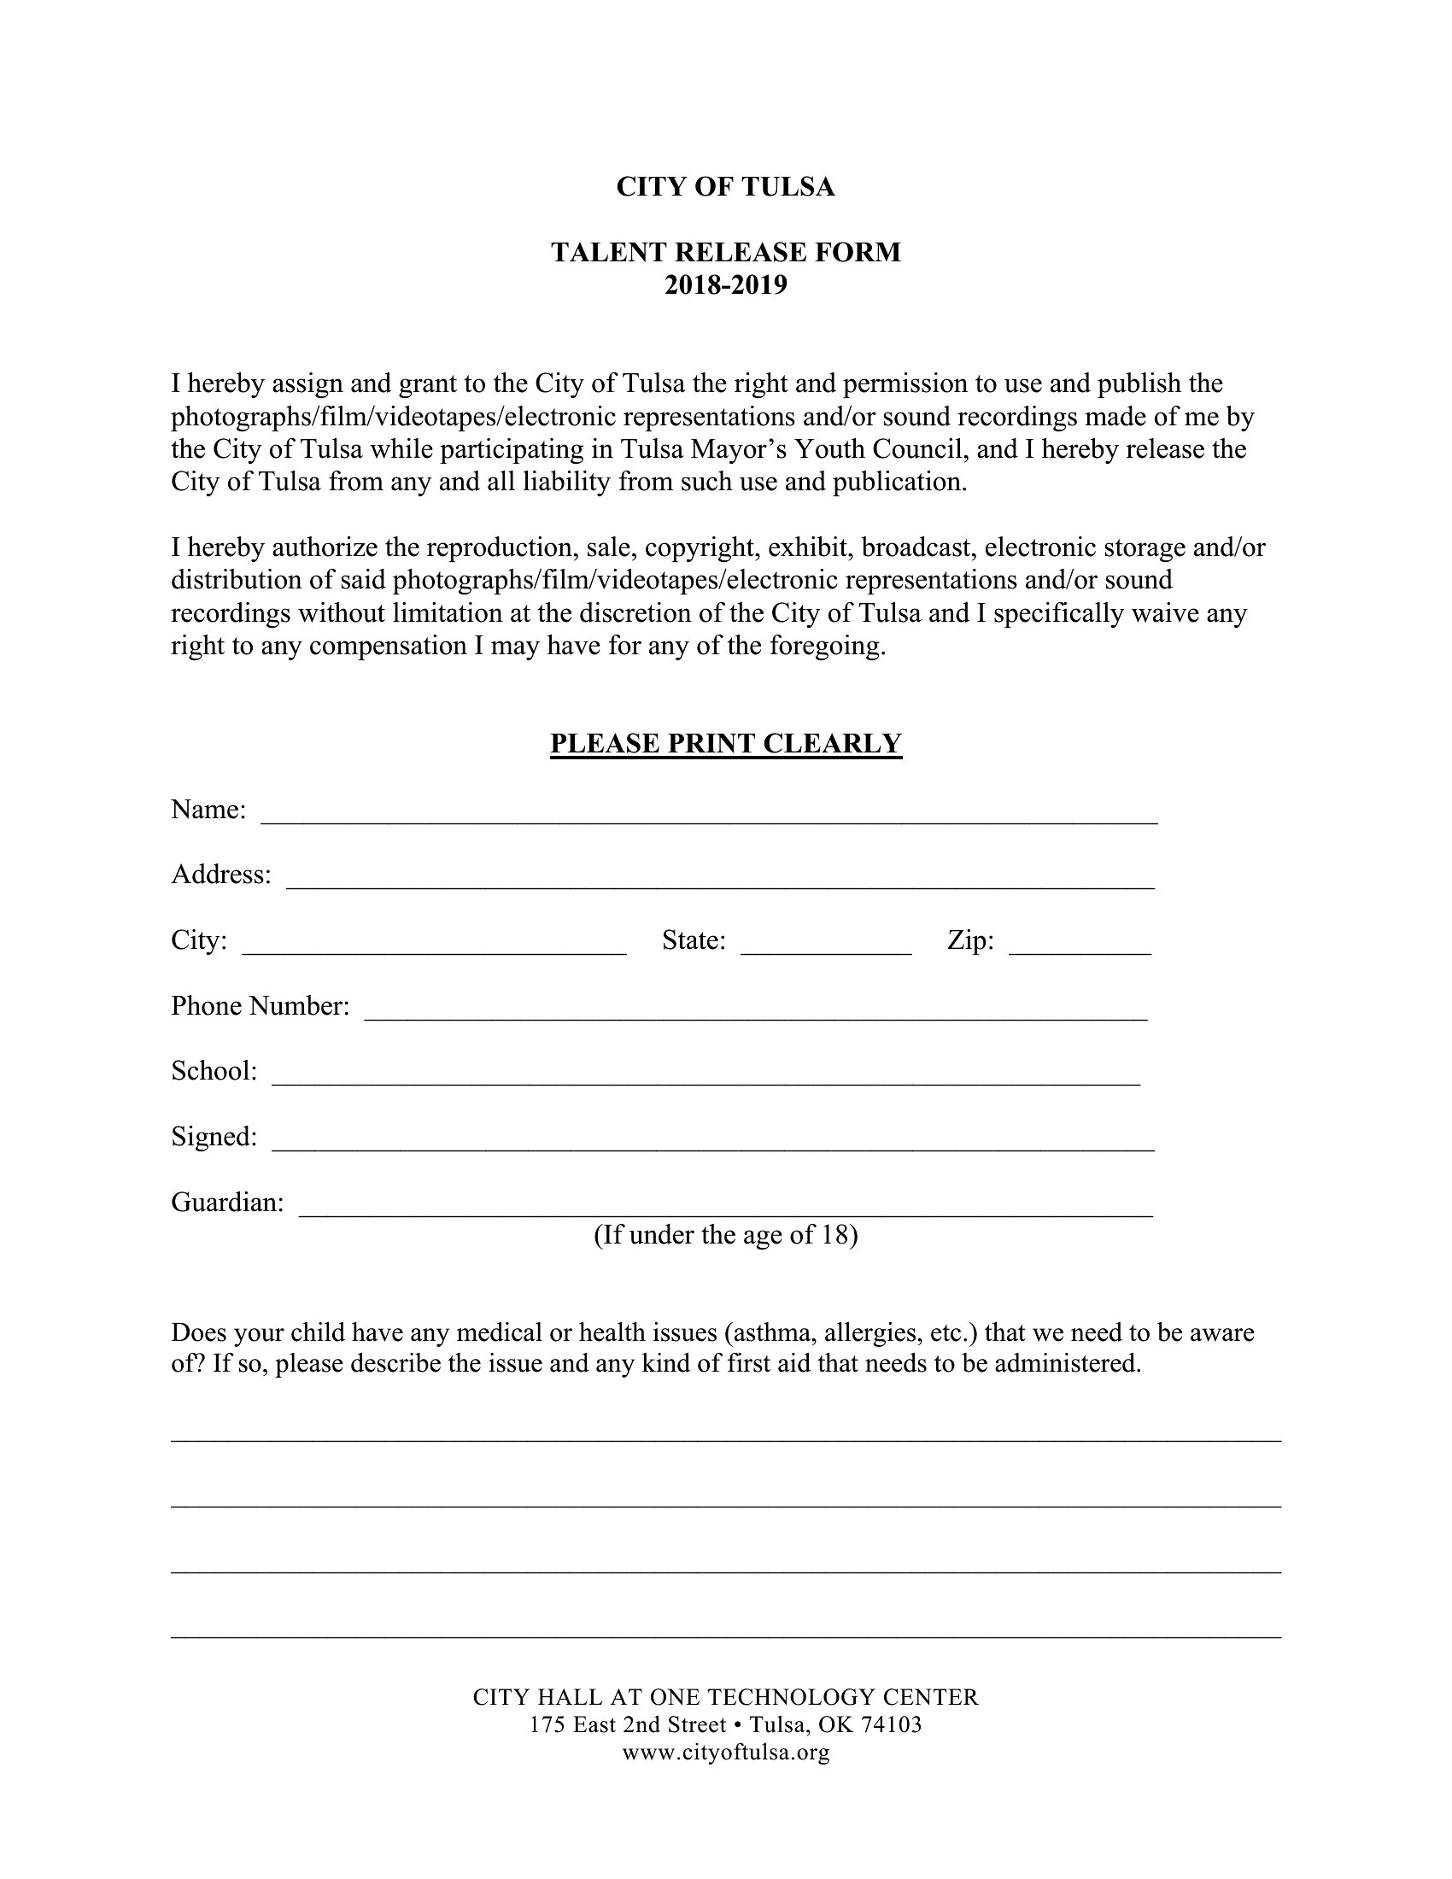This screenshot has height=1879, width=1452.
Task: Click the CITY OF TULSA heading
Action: tap(725, 187)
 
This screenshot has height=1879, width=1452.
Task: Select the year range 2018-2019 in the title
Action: tap(725, 284)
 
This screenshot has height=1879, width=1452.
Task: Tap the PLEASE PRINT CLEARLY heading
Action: tap(725, 743)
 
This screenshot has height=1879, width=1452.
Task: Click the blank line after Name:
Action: tap(709, 816)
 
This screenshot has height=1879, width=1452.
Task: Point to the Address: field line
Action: tap(720, 881)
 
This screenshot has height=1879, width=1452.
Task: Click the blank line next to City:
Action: tap(435, 946)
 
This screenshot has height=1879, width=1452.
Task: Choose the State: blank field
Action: tap(826, 946)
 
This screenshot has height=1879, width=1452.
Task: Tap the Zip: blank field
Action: tap(1080, 946)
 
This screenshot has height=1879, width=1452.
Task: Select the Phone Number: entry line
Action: tap(755, 1012)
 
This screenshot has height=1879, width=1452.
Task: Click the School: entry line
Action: tap(706, 1077)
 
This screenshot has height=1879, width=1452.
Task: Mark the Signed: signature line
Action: tap(713, 1143)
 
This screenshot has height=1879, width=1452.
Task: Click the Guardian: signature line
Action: tap(725, 1208)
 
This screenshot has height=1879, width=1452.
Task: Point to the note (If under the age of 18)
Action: tap(725, 1236)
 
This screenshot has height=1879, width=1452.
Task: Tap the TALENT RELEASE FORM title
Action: tap(725, 252)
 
